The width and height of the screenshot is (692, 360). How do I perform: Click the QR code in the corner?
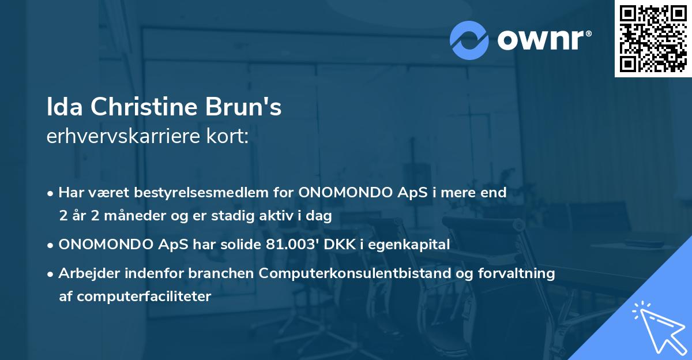click(x=653, y=38)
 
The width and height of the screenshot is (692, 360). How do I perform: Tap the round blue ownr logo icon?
click(x=469, y=40)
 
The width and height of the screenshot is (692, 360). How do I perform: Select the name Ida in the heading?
click(x=63, y=108)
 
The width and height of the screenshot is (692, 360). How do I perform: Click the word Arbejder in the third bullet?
click(x=83, y=273)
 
